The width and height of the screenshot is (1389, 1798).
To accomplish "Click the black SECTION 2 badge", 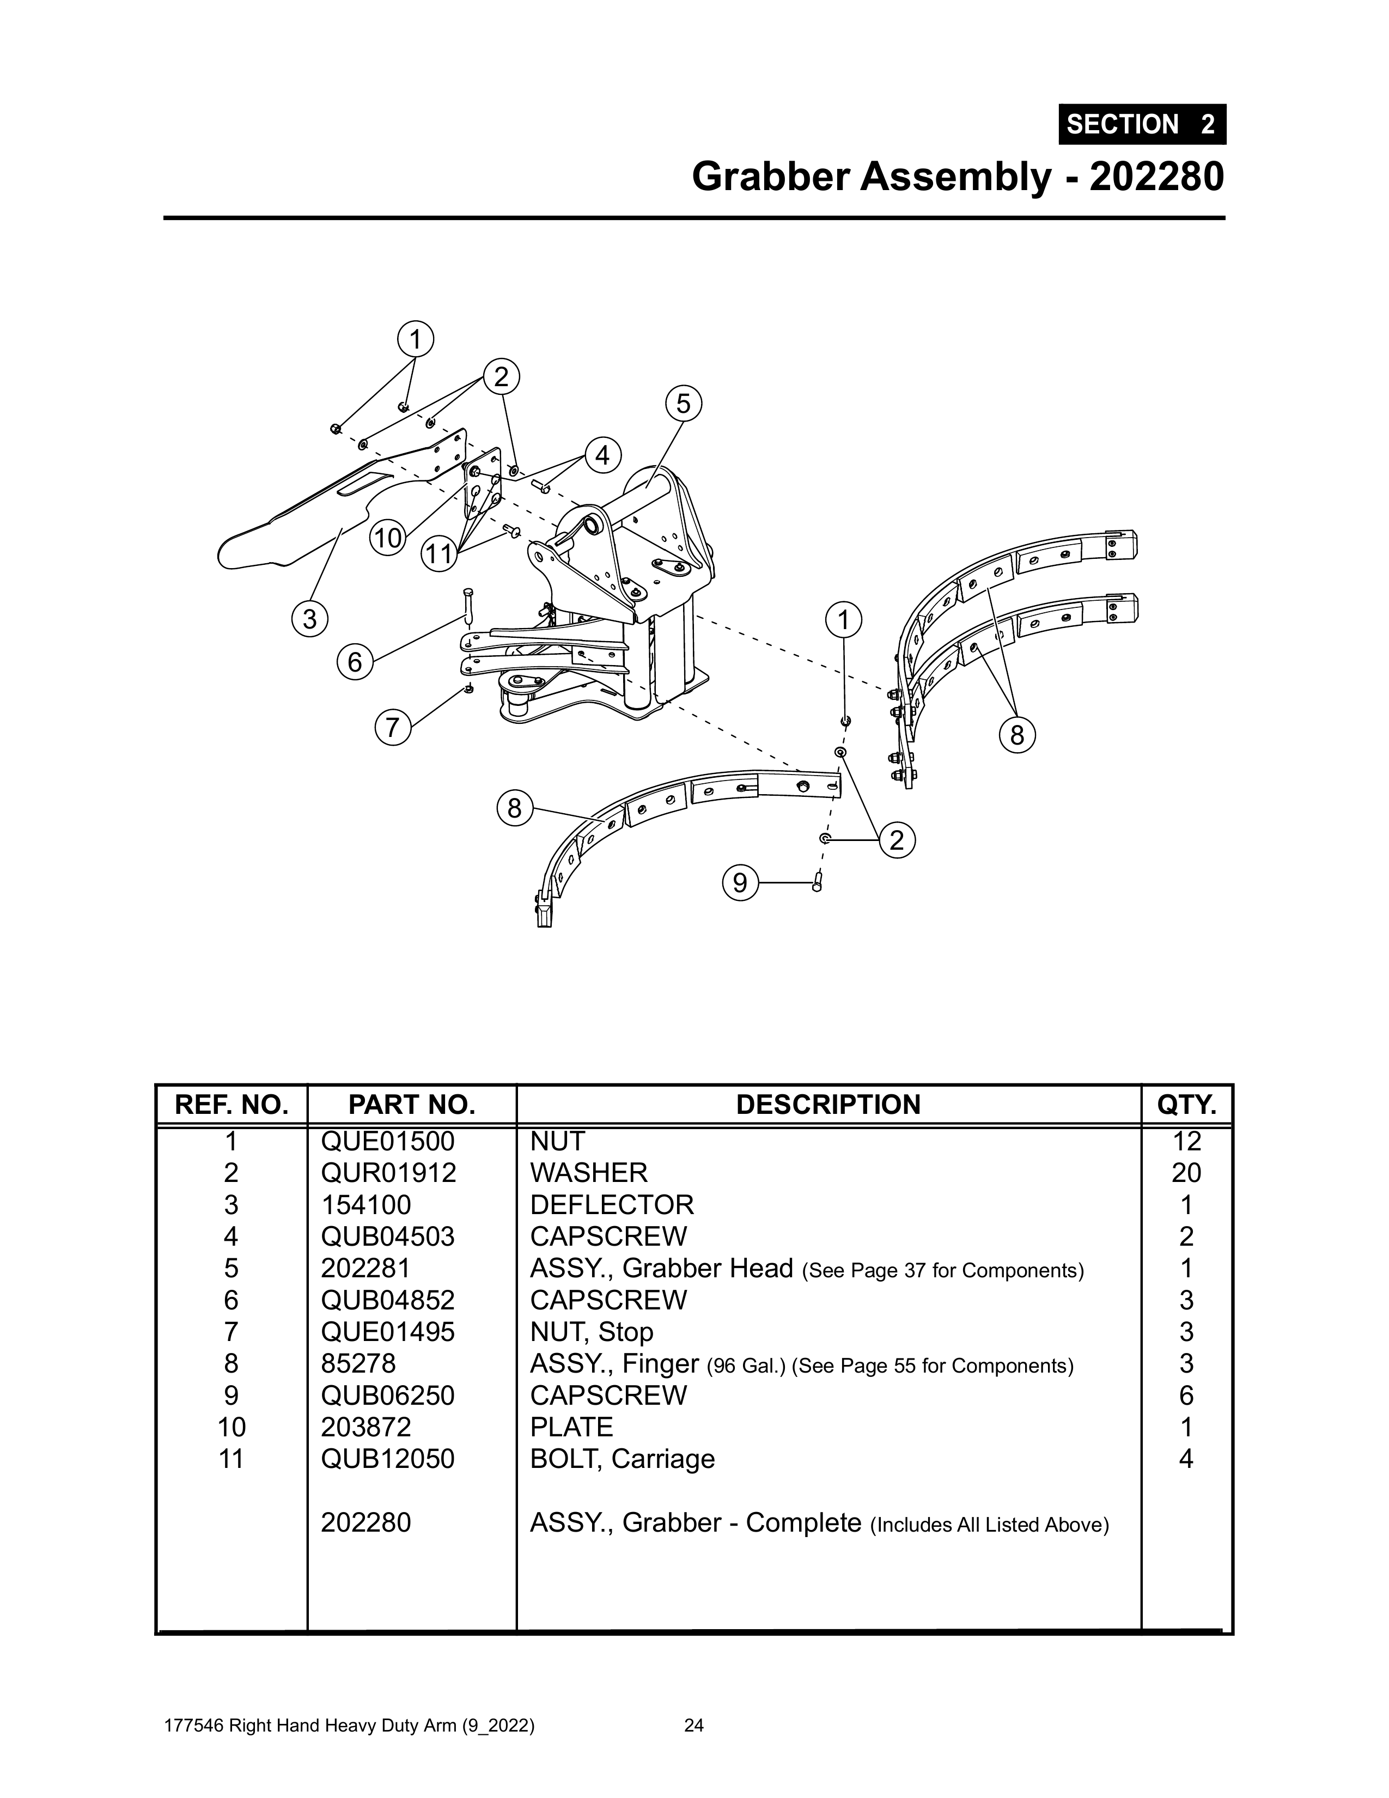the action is [1142, 124].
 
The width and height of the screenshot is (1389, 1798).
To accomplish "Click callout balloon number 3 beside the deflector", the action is [309, 618].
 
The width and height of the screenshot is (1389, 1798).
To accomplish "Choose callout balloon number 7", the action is [393, 728].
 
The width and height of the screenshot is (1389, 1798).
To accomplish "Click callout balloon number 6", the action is [355, 662].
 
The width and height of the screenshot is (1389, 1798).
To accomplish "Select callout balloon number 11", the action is [440, 553].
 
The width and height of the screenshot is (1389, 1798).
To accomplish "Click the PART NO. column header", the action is [412, 1105].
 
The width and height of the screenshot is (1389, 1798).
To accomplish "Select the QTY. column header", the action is [1186, 1105].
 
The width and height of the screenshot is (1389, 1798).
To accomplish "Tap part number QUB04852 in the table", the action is [388, 1300].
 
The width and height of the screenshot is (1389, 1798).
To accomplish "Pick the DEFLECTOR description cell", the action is [612, 1204].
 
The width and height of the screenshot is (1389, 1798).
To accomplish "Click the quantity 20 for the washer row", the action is [1186, 1172].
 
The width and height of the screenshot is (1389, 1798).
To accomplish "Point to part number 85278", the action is [358, 1363].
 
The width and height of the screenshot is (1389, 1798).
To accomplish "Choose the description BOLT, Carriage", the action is [623, 1459].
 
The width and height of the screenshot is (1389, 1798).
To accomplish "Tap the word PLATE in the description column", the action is [571, 1427].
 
